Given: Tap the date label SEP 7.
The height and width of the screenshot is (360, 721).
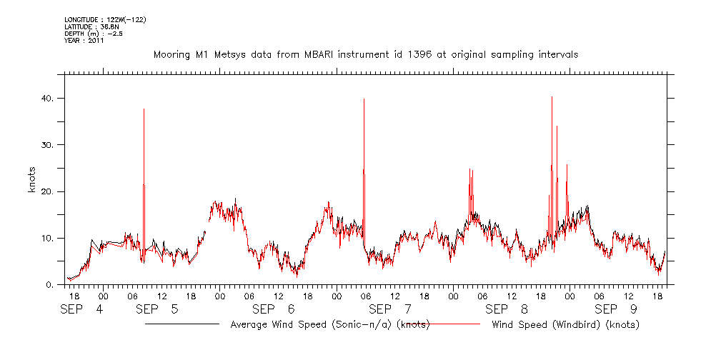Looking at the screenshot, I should coord(391,309).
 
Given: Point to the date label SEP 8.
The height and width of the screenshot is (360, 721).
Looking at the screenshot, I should coord(507,309).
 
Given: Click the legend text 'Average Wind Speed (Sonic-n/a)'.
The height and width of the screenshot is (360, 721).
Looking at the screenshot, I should coord(313,325).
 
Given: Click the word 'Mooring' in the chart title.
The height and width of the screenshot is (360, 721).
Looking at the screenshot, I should coord(173,54).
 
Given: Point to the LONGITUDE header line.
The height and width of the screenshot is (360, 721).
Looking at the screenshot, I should coord(106,19).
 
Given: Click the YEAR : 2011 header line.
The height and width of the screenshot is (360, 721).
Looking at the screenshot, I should coord(84,41).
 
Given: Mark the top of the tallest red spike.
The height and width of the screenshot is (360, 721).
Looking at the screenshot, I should coord(552,97).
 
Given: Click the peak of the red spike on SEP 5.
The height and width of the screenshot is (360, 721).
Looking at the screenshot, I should coord(144,109).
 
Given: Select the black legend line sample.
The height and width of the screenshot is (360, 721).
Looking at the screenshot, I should coord(182,324).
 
